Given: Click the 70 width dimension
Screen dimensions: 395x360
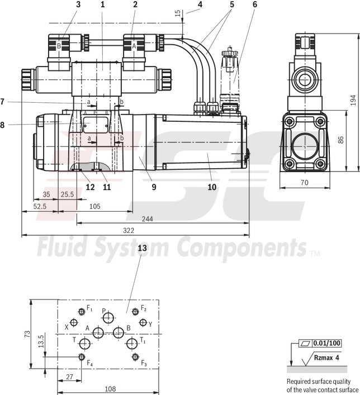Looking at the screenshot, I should tap(304, 182).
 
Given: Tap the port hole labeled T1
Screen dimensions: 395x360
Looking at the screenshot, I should tap(131, 342).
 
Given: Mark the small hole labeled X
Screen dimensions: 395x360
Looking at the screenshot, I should tap(76, 323).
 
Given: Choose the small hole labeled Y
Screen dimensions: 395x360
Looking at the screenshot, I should tap(143, 323).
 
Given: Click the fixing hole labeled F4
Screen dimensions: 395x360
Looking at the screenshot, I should tap(82, 357).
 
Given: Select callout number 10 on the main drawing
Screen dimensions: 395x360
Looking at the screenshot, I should tap(211, 187).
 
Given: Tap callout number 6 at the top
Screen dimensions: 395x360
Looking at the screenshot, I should tap(255, 4).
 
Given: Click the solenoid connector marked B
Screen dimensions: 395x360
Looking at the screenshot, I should tap(59, 46).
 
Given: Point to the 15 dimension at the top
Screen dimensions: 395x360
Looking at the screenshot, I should tap(178, 13).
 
